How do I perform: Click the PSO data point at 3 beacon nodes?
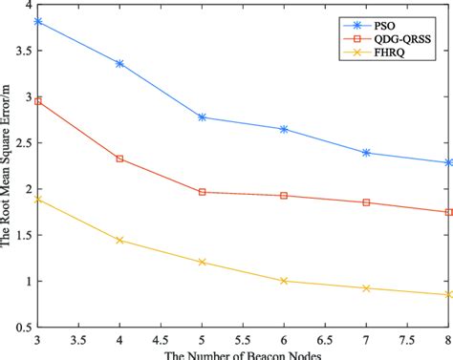[x=38, y=21]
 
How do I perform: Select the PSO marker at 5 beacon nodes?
[x=202, y=116]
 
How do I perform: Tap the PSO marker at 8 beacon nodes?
[x=448, y=162]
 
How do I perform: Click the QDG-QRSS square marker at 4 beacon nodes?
[x=119, y=159]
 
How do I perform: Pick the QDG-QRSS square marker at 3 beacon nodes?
[x=38, y=100]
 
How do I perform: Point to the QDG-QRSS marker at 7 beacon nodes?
[x=366, y=202]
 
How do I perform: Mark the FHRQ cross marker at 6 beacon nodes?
[x=284, y=281]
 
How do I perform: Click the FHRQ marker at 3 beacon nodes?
[x=38, y=200]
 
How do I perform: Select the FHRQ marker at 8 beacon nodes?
[x=448, y=295]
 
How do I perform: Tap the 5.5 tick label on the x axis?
[x=243, y=341]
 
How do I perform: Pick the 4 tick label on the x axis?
[x=119, y=341]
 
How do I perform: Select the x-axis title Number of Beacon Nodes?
[x=243, y=355]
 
